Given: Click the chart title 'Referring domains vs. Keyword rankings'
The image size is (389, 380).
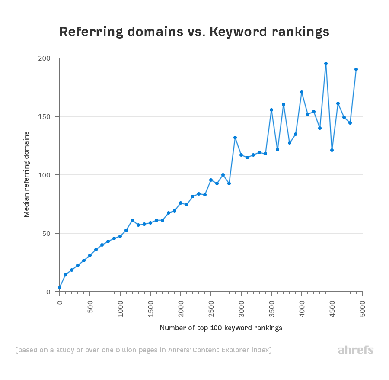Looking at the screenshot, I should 194,32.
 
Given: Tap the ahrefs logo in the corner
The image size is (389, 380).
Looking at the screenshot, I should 355,350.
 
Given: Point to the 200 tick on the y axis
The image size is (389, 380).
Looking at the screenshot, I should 45,58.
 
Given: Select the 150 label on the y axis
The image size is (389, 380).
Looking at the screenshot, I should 45,117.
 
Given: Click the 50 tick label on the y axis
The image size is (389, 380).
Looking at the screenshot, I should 47,234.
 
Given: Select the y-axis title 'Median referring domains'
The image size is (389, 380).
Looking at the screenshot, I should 26,174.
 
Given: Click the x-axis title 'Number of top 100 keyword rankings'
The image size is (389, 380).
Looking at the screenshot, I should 221,328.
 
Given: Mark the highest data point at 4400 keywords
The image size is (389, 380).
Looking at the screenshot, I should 326,64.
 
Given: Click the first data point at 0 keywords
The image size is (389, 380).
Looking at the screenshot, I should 60,287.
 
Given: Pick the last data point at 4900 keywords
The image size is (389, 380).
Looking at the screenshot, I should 356,69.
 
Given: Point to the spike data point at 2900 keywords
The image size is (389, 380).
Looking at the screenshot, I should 235,138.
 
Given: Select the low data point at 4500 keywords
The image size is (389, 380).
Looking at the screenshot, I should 332,150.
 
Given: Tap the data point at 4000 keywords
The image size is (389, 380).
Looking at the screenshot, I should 302,92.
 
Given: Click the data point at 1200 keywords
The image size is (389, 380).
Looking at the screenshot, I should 132,220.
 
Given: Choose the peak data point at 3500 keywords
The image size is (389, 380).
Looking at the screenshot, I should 271,110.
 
